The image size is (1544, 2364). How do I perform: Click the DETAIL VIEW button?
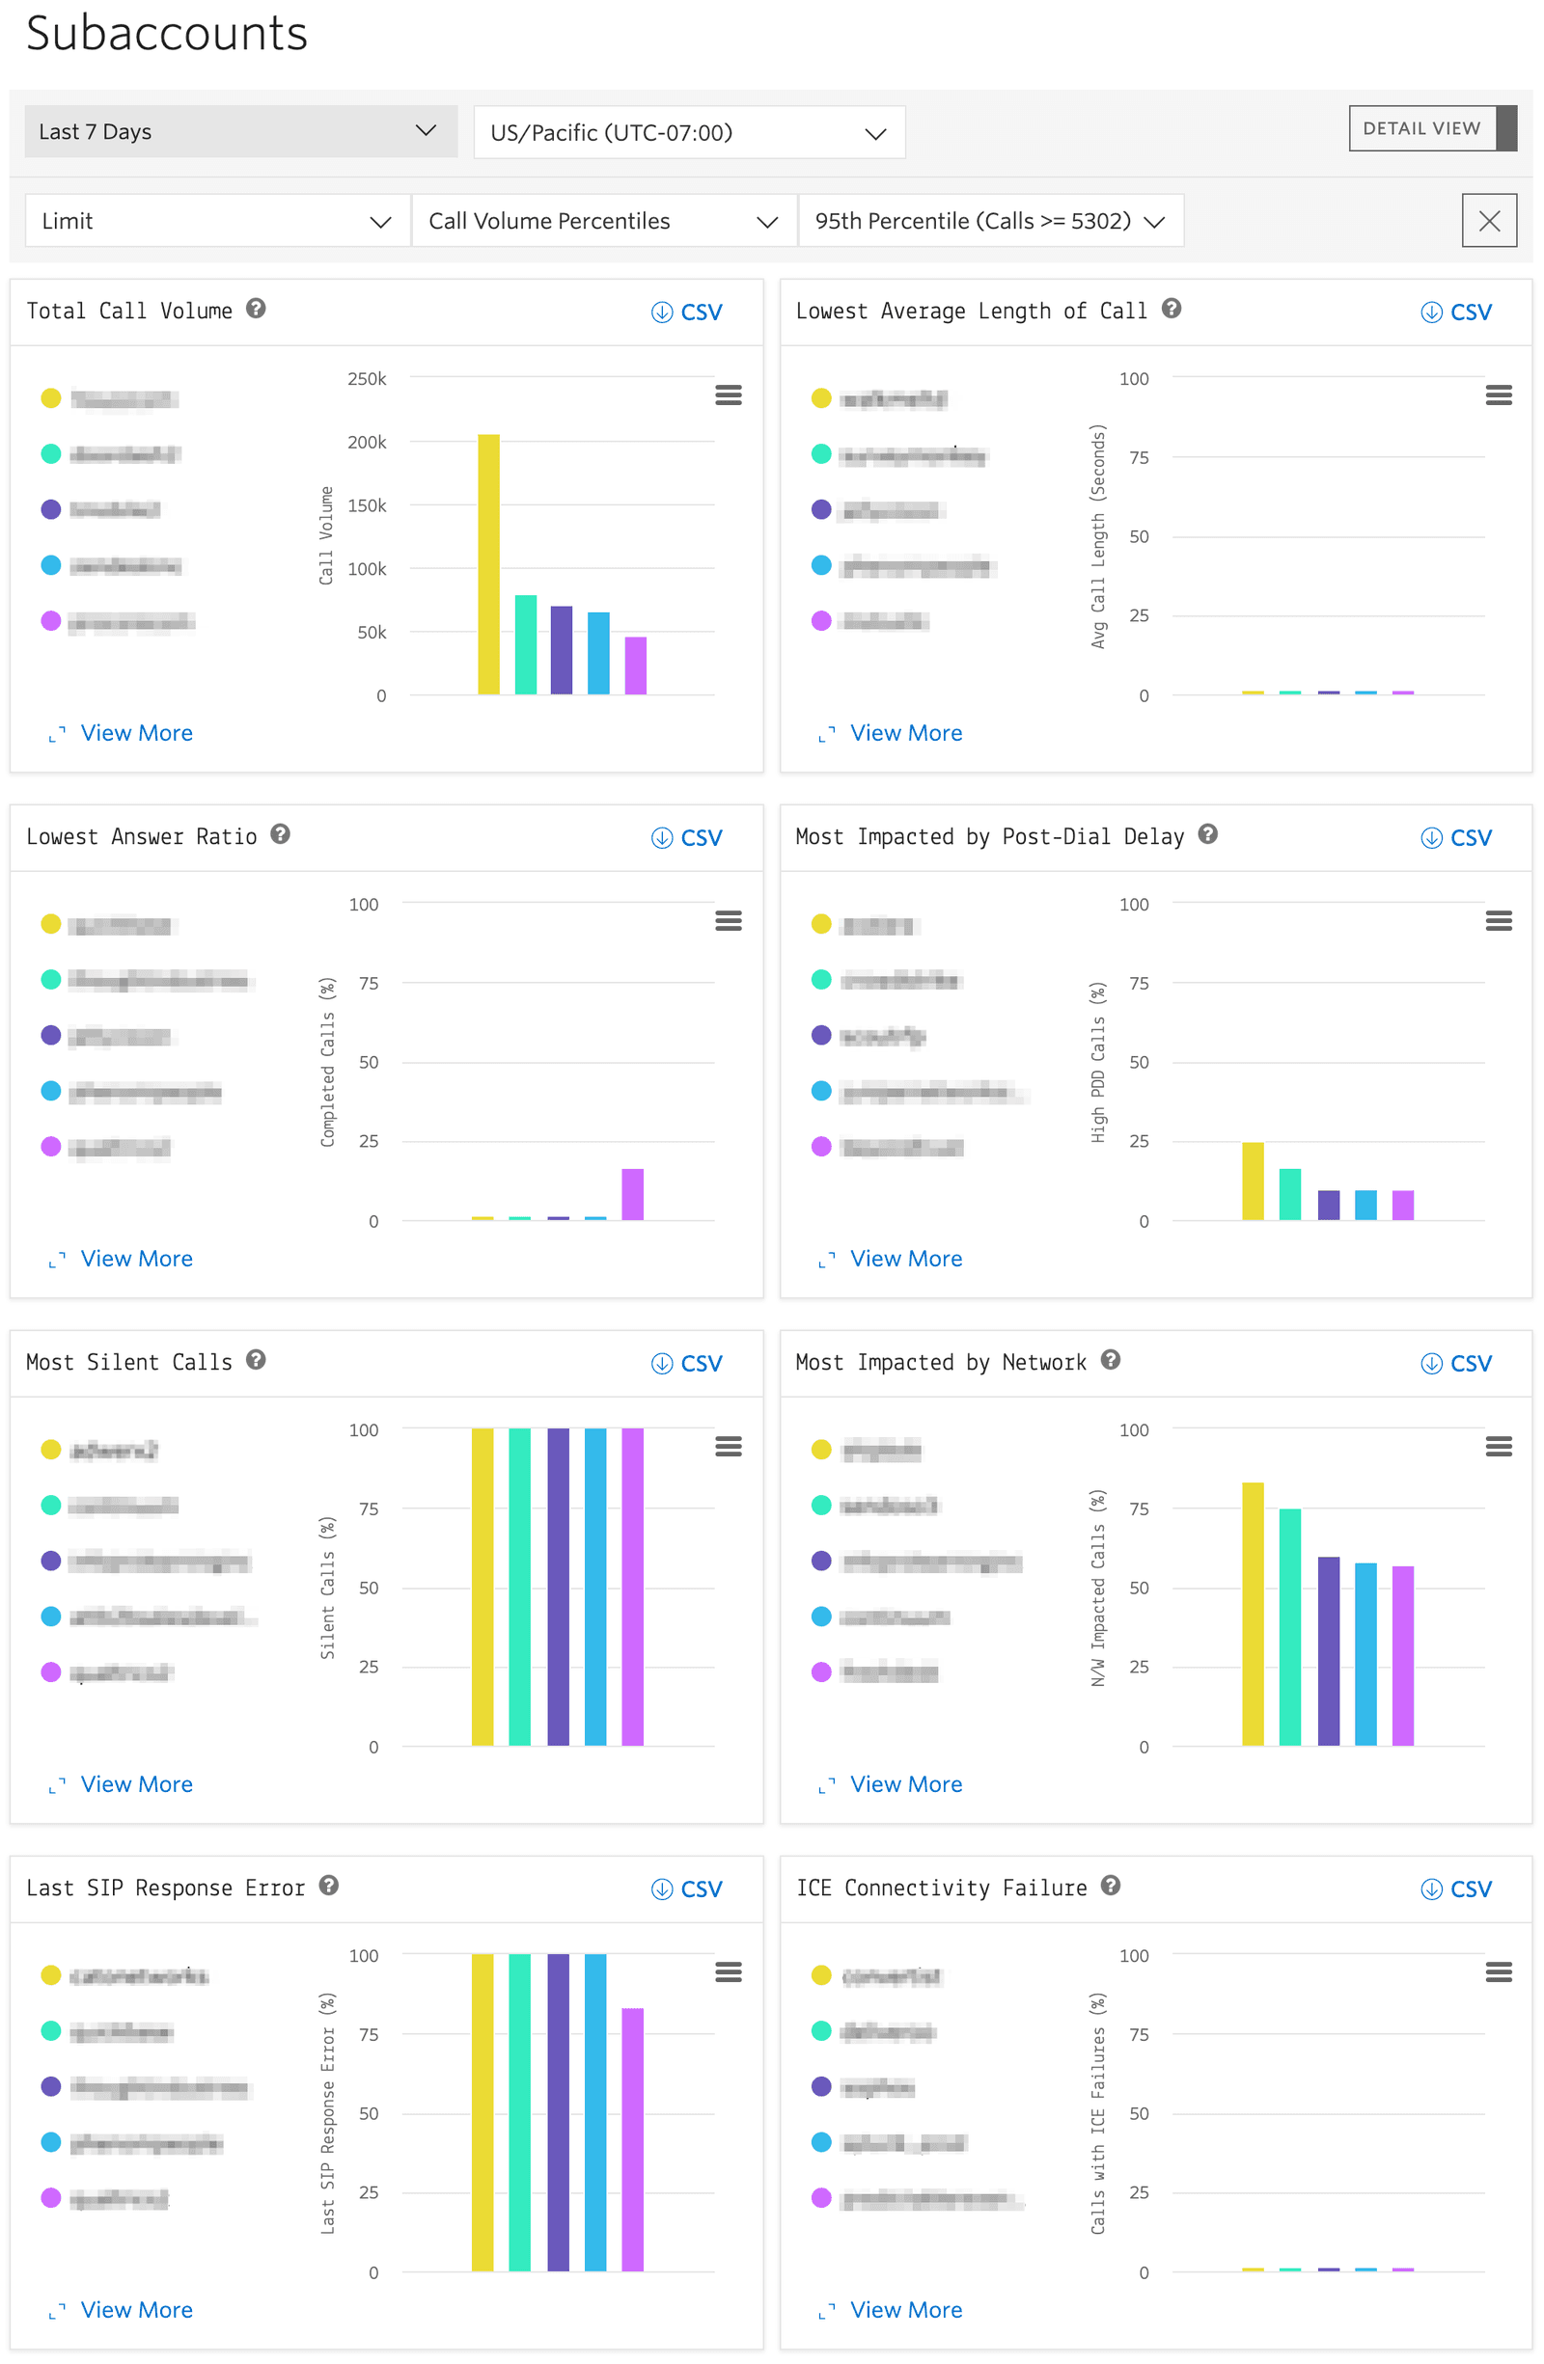[1420, 128]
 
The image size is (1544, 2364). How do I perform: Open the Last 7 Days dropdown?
[239, 132]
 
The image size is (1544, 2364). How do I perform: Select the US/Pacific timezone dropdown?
[689, 133]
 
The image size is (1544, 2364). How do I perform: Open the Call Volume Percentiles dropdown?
[602, 221]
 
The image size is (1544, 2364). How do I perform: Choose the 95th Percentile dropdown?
[989, 221]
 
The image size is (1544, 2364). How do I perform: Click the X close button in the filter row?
[1488, 221]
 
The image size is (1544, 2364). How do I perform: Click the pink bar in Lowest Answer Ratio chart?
[633, 1194]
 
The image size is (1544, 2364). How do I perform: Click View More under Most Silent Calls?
[136, 1784]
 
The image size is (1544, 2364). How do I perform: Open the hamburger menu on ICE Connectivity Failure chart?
[1499, 1971]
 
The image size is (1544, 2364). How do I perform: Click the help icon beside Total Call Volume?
[257, 309]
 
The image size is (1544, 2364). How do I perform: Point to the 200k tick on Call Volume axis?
[367, 442]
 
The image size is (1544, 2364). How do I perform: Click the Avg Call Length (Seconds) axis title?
[1098, 536]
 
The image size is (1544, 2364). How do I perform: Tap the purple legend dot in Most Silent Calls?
[51, 1561]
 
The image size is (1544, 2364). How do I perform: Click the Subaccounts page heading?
[167, 34]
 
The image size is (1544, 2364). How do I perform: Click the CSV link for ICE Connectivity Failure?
[1457, 1889]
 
